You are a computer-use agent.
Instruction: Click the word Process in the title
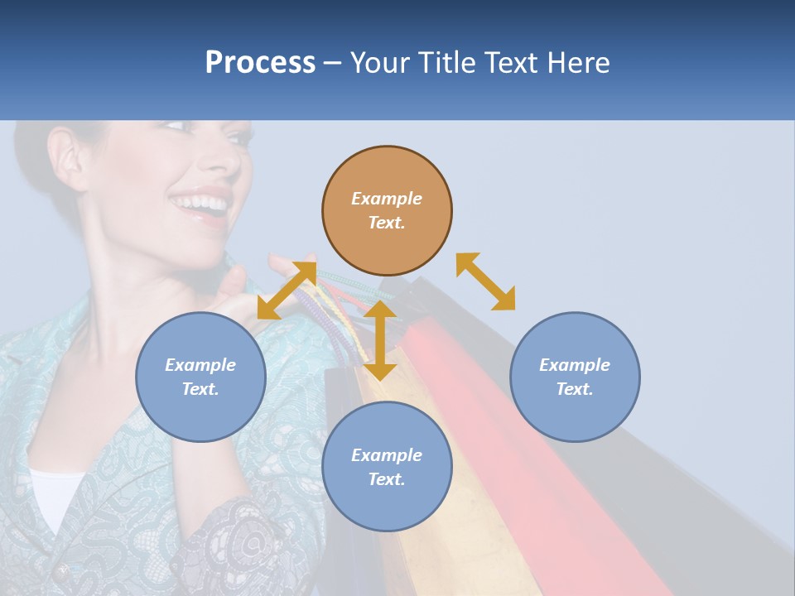260,63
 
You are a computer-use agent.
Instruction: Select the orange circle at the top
387,211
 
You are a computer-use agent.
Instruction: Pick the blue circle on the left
200,377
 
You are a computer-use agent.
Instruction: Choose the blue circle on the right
575,377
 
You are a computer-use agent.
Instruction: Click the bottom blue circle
387,467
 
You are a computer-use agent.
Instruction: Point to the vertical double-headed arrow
379,340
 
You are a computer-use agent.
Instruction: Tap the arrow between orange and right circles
485,281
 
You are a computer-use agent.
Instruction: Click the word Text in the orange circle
387,223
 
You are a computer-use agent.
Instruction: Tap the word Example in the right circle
575,365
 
